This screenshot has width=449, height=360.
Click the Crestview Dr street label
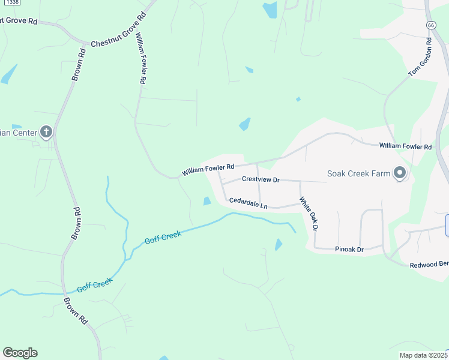coord(261,179)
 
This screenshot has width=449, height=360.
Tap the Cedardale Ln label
coord(249,204)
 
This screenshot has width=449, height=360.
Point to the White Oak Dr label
coord(308,214)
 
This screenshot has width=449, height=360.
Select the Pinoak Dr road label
coord(349,249)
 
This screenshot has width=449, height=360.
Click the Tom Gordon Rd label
coord(420,58)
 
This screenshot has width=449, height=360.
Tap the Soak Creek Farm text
coord(358,174)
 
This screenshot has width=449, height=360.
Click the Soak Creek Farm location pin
coord(400,174)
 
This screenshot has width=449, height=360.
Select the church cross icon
coord(46,133)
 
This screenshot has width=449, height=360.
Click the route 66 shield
coord(431,25)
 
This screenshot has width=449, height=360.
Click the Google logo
coord(20,353)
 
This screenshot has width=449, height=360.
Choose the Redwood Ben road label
coord(429,265)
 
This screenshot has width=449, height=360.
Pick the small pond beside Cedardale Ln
coord(207,201)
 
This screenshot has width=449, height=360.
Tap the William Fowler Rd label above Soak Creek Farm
coord(405,146)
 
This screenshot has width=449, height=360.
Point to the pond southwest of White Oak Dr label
coord(279,244)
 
